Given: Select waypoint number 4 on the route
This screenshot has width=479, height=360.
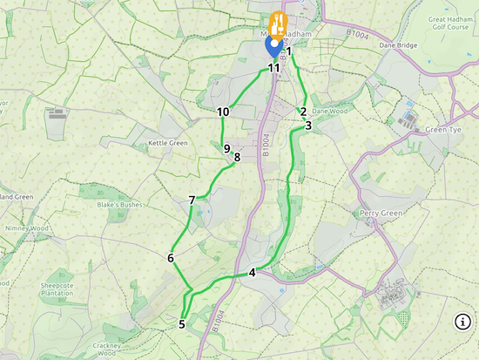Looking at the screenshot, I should pyautogui.click(x=253, y=273).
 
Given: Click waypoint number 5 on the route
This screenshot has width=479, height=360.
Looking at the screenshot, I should pyautogui.click(x=182, y=324).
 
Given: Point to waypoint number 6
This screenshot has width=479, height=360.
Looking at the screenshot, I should pyautogui.click(x=171, y=258).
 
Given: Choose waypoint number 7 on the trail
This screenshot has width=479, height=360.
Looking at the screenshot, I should pyautogui.click(x=192, y=200).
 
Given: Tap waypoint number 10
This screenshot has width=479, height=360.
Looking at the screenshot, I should pyautogui.click(x=223, y=112).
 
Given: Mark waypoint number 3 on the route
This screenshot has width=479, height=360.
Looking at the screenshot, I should pyautogui.click(x=308, y=126).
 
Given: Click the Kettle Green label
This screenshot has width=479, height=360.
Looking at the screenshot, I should pyautogui.click(x=168, y=143).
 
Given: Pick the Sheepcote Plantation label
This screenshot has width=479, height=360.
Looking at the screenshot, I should pyautogui.click(x=63, y=290).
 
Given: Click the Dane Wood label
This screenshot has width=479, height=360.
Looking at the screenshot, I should pyautogui.click(x=330, y=112).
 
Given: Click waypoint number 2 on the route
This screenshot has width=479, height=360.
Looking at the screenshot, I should pyautogui.click(x=302, y=112).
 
